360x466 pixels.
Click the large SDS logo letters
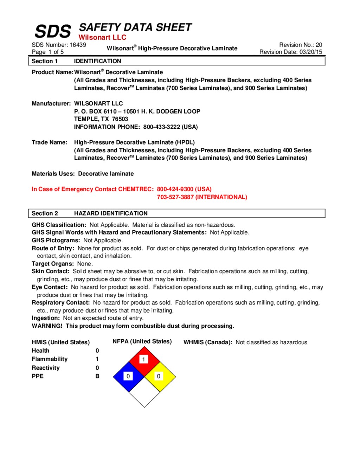tap(53, 32)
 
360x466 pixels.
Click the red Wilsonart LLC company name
tap(102, 37)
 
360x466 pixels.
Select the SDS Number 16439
tap(78, 45)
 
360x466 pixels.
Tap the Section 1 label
tap(45, 61)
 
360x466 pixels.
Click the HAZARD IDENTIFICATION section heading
tap(111, 213)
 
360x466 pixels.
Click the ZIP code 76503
tap(120, 119)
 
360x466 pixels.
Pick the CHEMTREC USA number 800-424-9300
tap(175, 189)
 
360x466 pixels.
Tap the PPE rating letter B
tap(97, 376)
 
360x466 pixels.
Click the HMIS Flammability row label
tap(50, 359)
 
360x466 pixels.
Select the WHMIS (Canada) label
tap(207, 342)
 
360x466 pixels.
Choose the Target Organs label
tap(53, 263)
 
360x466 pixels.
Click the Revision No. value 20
tap(319, 45)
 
